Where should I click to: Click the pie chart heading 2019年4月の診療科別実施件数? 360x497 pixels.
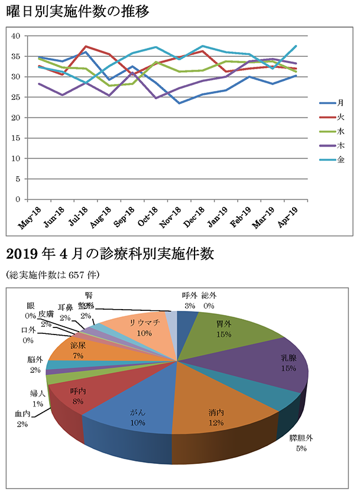click(x=109, y=255)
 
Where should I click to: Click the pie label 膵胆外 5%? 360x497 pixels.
click(x=301, y=443)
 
